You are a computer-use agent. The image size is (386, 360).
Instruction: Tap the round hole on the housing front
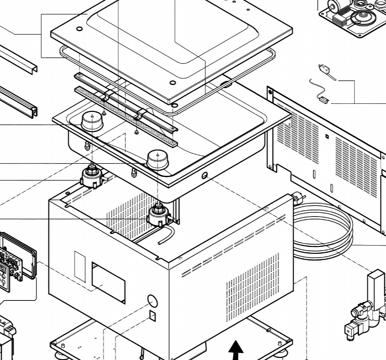[152, 301]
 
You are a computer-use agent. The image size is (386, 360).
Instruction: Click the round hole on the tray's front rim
[204, 175]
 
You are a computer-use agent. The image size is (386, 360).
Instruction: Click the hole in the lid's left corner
[79, 30]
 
